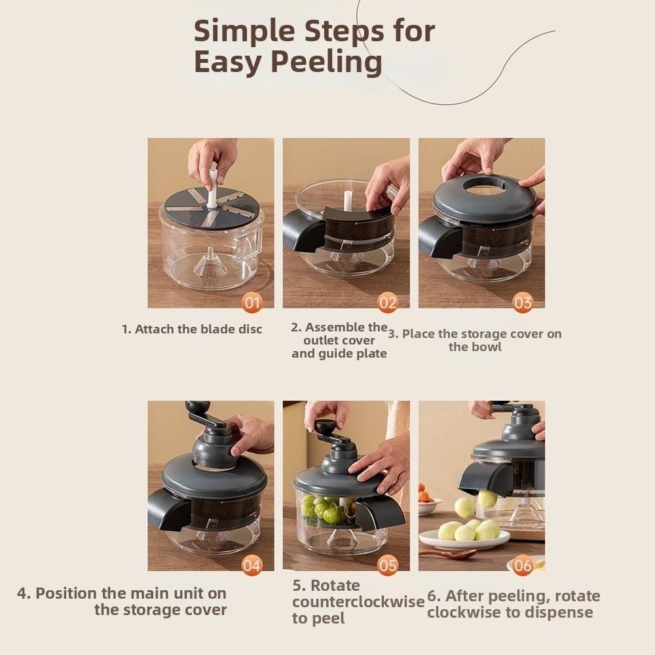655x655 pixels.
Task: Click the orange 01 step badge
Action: (252, 303)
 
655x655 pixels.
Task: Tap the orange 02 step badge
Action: (388, 303)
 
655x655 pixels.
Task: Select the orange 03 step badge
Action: (523, 303)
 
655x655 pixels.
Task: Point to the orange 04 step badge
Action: (252, 565)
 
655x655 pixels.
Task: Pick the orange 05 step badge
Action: (388, 565)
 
